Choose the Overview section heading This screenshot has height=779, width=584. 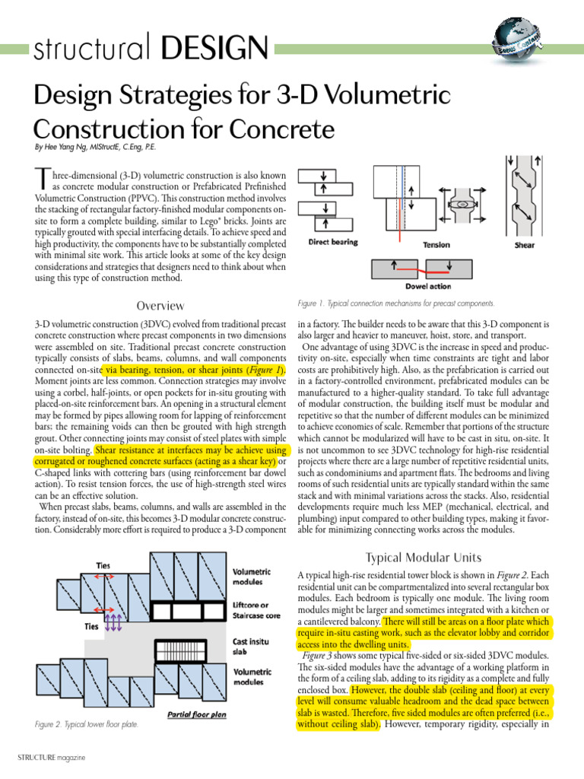click(x=160, y=306)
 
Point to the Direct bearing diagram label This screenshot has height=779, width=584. click(x=333, y=243)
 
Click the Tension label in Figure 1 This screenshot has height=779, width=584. click(x=436, y=245)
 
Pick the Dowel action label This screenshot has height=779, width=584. click(x=429, y=287)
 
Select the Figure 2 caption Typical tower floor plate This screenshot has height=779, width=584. click(x=87, y=725)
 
